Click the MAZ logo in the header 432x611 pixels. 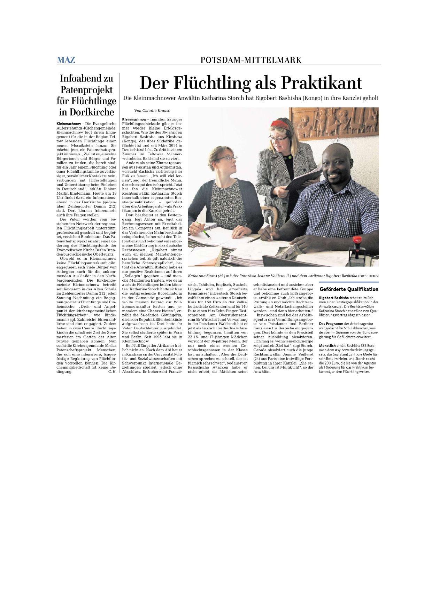point(66,60)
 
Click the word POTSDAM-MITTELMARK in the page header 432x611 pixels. point(251,60)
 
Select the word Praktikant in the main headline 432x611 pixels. point(321,83)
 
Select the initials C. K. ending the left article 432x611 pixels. point(113,372)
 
